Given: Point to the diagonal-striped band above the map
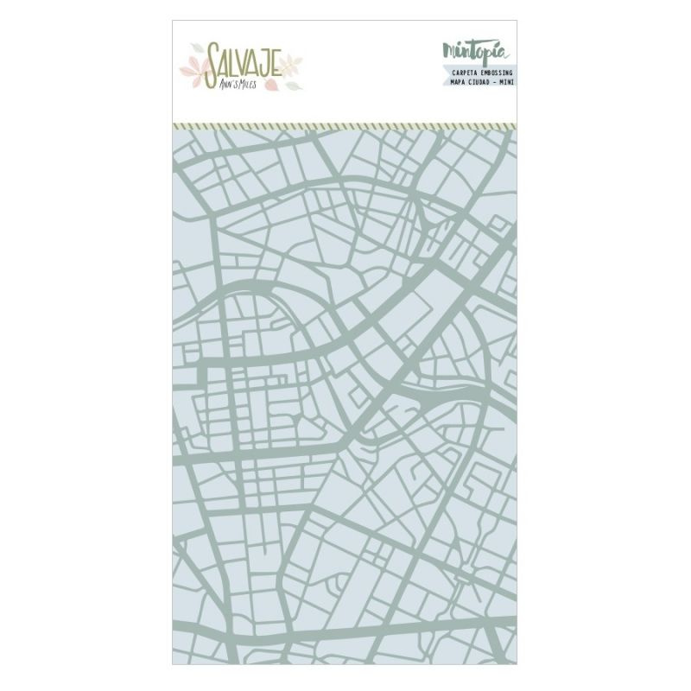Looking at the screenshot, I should pos(345,125).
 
